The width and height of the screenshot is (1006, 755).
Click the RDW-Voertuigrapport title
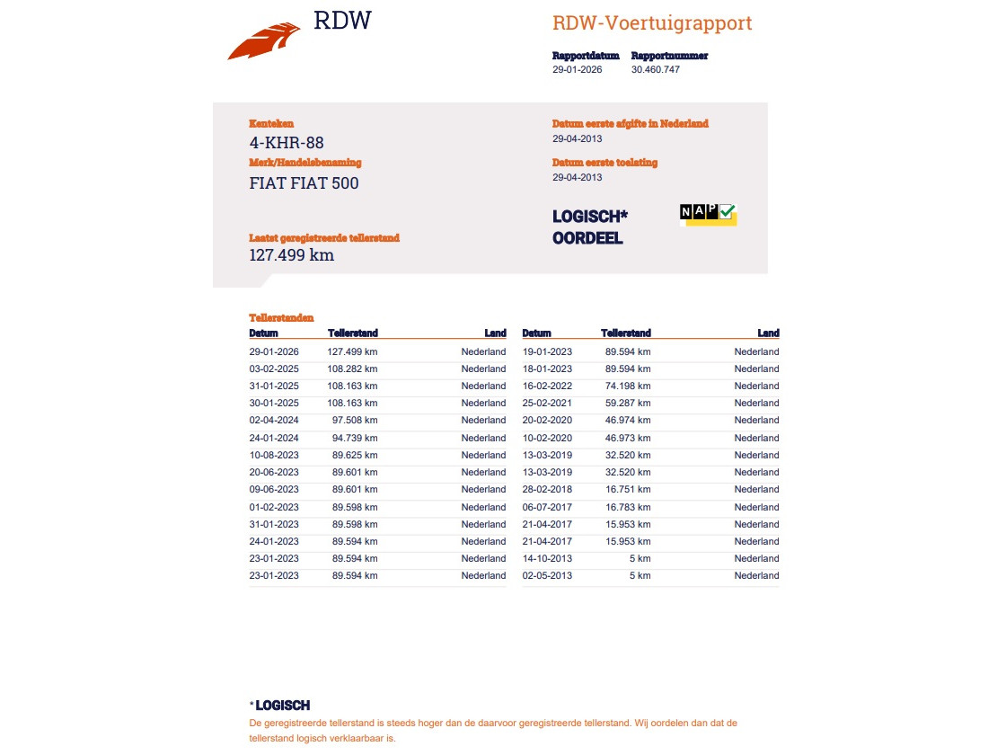click(652, 23)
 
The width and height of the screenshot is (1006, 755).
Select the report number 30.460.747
click(656, 69)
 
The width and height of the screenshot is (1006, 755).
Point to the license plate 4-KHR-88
click(287, 142)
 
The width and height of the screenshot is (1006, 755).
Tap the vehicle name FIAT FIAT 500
click(304, 183)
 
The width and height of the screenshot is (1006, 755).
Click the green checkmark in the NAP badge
click(728, 211)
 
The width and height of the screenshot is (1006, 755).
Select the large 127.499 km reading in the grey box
click(291, 255)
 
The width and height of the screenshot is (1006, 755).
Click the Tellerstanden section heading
click(281, 317)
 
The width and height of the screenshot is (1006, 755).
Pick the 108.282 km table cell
click(352, 369)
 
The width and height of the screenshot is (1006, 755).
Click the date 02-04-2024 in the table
click(274, 420)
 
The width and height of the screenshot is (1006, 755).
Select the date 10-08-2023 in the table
click(274, 455)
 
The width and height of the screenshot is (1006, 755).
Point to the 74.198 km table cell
click(628, 386)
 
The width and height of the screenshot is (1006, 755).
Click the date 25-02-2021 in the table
click(547, 403)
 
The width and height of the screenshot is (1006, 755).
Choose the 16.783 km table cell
click(628, 507)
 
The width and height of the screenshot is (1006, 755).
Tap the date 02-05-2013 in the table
click(547, 575)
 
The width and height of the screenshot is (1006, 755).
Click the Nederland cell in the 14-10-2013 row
click(756, 558)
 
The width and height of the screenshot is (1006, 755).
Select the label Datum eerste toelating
click(604, 163)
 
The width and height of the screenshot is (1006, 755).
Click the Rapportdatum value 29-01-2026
click(577, 69)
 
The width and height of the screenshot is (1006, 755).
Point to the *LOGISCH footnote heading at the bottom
click(280, 706)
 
